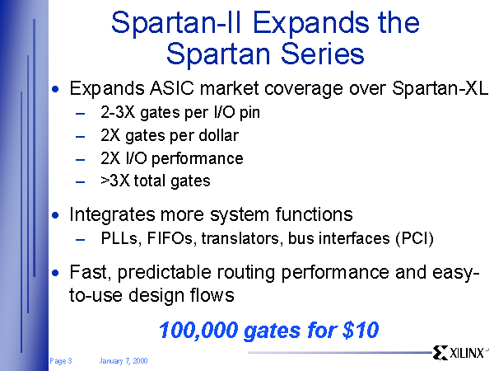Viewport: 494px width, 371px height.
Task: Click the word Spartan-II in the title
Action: [x=176, y=23]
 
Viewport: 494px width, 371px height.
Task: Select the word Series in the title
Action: [x=322, y=54]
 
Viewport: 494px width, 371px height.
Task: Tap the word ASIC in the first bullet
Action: [x=172, y=88]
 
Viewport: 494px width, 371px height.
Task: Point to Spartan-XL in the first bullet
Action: [x=440, y=88]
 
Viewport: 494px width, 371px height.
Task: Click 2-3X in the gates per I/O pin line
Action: [x=118, y=112]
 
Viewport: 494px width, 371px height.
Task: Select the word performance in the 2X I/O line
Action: [x=198, y=158]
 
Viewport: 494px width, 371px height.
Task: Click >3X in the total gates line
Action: [x=115, y=181]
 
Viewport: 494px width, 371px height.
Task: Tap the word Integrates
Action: [x=112, y=215]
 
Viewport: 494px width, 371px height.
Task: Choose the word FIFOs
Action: [x=170, y=238]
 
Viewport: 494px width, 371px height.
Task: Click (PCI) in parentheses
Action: [x=415, y=239]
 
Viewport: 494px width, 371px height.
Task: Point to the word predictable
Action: [x=164, y=272]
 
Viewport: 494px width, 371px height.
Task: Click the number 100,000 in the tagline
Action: [x=198, y=331]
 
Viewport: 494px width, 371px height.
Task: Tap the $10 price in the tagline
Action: [x=360, y=330]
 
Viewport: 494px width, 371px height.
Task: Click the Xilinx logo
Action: [x=460, y=353]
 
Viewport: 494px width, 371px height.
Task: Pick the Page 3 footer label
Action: [x=60, y=361]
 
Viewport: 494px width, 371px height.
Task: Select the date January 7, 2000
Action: [x=123, y=361]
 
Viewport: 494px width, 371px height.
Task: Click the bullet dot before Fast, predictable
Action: [x=55, y=273]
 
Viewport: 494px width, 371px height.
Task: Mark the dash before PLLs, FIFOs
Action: [x=81, y=240]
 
